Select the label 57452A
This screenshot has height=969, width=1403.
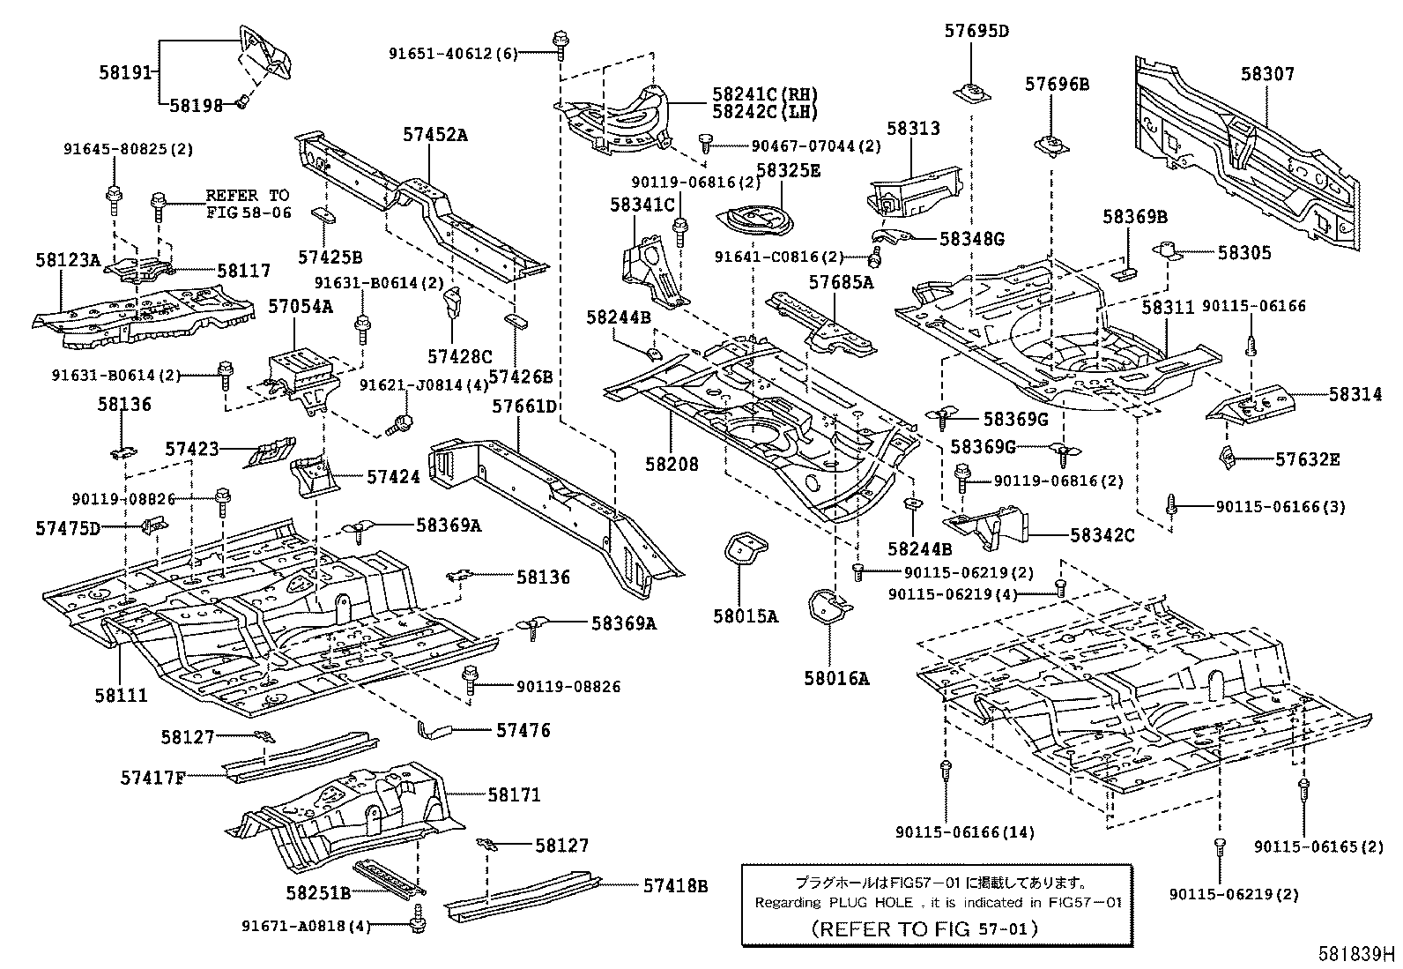pos(434,134)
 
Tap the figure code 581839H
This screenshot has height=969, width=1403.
pos(1356,954)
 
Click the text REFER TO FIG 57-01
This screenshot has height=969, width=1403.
pos(924,928)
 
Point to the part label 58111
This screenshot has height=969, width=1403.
pos(121,696)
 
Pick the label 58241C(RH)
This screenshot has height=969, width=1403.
pos(765,93)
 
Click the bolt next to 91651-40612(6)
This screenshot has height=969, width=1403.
pos(560,41)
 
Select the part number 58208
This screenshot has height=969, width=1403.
pos(672,463)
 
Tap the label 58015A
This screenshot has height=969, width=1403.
pos(745,616)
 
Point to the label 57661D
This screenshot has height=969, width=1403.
pos(524,406)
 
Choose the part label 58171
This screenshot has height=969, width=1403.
pos(515,794)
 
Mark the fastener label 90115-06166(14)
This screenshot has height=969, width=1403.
pos(965,831)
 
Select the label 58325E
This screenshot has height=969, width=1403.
pos(788,171)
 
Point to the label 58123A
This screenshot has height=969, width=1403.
pos(68,260)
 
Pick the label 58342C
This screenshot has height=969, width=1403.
pos(1102,534)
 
